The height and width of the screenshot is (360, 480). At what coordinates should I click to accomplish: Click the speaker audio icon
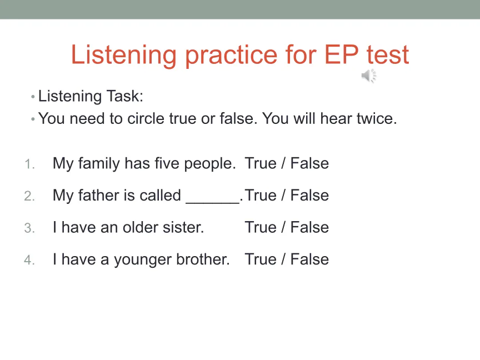coord(369,76)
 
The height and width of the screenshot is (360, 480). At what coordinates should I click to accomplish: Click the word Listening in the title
coord(124,55)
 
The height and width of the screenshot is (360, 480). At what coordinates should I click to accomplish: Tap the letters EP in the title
coord(341,54)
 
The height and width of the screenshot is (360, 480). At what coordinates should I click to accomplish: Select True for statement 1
coord(261,163)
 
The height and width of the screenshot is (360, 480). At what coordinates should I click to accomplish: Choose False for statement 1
coord(309,163)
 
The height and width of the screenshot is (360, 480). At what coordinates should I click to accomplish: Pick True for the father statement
coord(261,196)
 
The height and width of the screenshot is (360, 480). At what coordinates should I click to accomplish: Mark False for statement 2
coord(309,196)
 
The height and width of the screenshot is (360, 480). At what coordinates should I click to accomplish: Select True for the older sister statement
coord(261,227)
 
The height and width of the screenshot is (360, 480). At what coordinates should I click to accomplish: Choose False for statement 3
coord(309,227)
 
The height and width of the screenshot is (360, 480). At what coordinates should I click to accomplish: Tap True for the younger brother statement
coord(261,259)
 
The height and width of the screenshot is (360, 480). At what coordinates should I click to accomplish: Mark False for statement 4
coord(309,259)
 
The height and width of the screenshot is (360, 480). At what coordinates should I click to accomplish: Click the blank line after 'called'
coord(212,203)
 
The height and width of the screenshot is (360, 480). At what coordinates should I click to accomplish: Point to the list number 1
coord(29,164)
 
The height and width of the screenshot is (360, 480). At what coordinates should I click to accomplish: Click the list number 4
coord(29,260)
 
